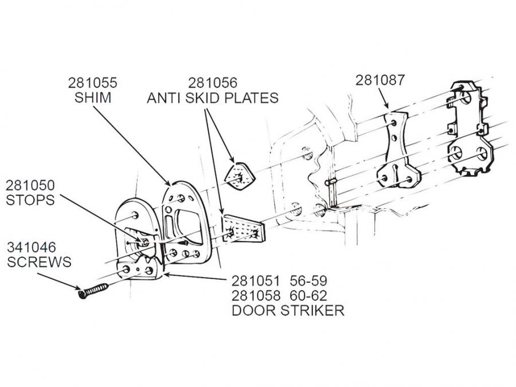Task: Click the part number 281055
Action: click(x=92, y=83)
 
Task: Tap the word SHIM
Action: click(x=93, y=97)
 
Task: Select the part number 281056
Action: click(x=213, y=83)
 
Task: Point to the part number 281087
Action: click(x=380, y=80)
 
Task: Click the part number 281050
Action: click(x=30, y=185)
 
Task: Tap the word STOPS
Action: click(x=30, y=200)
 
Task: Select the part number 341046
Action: click(x=32, y=247)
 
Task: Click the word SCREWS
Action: click(x=39, y=262)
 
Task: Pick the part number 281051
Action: click(x=256, y=281)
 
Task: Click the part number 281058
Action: click(x=256, y=296)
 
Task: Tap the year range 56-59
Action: click(x=308, y=281)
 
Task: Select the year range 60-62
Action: click(x=308, y=296)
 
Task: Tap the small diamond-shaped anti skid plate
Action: click(x=240, y=176)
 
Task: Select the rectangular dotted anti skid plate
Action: click(x=244, y=229)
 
